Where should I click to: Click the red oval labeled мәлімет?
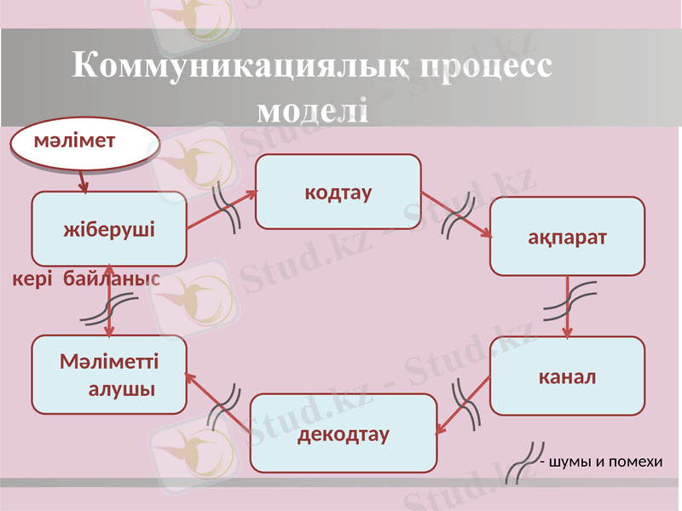coord(84,145)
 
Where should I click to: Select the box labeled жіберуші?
coord(109,229)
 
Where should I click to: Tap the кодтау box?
coord(338,192)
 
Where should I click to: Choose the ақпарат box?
coord(567,236)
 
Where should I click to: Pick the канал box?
coord(567,376)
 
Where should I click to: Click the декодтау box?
coord(343,433)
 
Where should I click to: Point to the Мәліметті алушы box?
coord(109,375)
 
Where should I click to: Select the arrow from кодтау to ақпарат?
coord(456,215)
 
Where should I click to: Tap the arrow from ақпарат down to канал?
coord(568,307)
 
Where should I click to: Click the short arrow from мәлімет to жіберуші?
coord(81,179)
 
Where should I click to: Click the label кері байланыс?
coord(85,278)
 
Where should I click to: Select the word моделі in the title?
coord(312,109)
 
